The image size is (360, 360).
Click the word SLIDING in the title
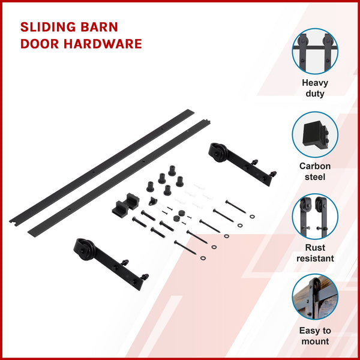(47, 28)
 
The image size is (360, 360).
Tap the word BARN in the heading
(100, 28)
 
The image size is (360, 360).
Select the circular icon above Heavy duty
(315, 51)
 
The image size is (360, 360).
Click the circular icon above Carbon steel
(315, 134)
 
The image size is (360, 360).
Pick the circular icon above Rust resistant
(315, 217)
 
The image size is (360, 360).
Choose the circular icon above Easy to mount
(315, 298)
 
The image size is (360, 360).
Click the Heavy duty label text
(314, 88)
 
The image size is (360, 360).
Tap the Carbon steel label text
(315, 171)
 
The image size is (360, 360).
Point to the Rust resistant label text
(315, 253)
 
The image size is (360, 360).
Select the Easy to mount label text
(315, 335)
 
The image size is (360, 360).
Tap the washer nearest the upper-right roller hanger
(252, 215)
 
